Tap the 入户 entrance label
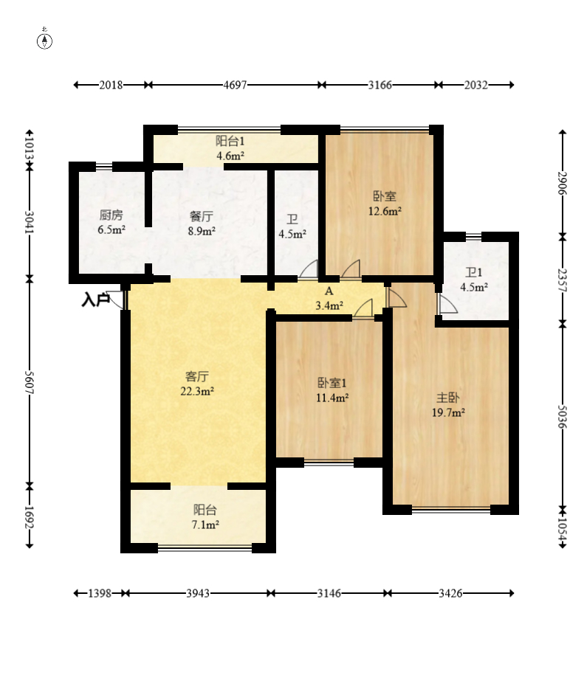point(95,300)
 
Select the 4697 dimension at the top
point(235,85)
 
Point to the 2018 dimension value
point(111,85)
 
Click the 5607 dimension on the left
point(30,382)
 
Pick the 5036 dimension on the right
point(563,416)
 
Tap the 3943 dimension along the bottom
point(198,593)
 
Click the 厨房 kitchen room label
point(111,215)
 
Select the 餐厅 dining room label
point(202,215)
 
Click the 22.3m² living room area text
point(197,391)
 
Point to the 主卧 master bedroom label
point(448,398)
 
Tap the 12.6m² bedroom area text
point(385,212)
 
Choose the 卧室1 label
point(332,383)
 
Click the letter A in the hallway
point(329,291)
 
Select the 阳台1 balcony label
point(230,140)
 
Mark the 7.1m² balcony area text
point(205,525)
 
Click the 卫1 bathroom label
point(473,272)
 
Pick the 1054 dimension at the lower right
point(563,527)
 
